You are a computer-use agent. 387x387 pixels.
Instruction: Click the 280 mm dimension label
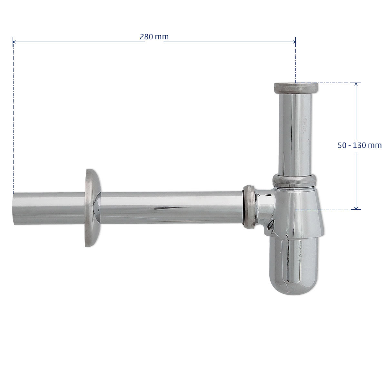[x=154, y=37]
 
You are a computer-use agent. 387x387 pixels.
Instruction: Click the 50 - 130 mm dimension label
[x=360, y=145]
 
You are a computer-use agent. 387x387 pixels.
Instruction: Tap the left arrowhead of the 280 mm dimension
[x=14, y=42]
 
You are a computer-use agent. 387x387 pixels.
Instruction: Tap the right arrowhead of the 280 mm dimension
[x=294, y=42]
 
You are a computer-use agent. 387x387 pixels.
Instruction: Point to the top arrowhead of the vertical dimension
[x=356, y=84]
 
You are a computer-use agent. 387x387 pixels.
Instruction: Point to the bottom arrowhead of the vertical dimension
[x=356, y=208]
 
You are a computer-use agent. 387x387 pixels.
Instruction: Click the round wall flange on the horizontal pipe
[x=93, y=208]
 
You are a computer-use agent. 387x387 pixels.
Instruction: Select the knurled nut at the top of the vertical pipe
[x=296, y=88]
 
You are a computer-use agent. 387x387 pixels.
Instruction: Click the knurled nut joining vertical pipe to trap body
[x=294, y=180]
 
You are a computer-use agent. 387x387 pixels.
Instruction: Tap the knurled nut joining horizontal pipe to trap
[x=249, y=207]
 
